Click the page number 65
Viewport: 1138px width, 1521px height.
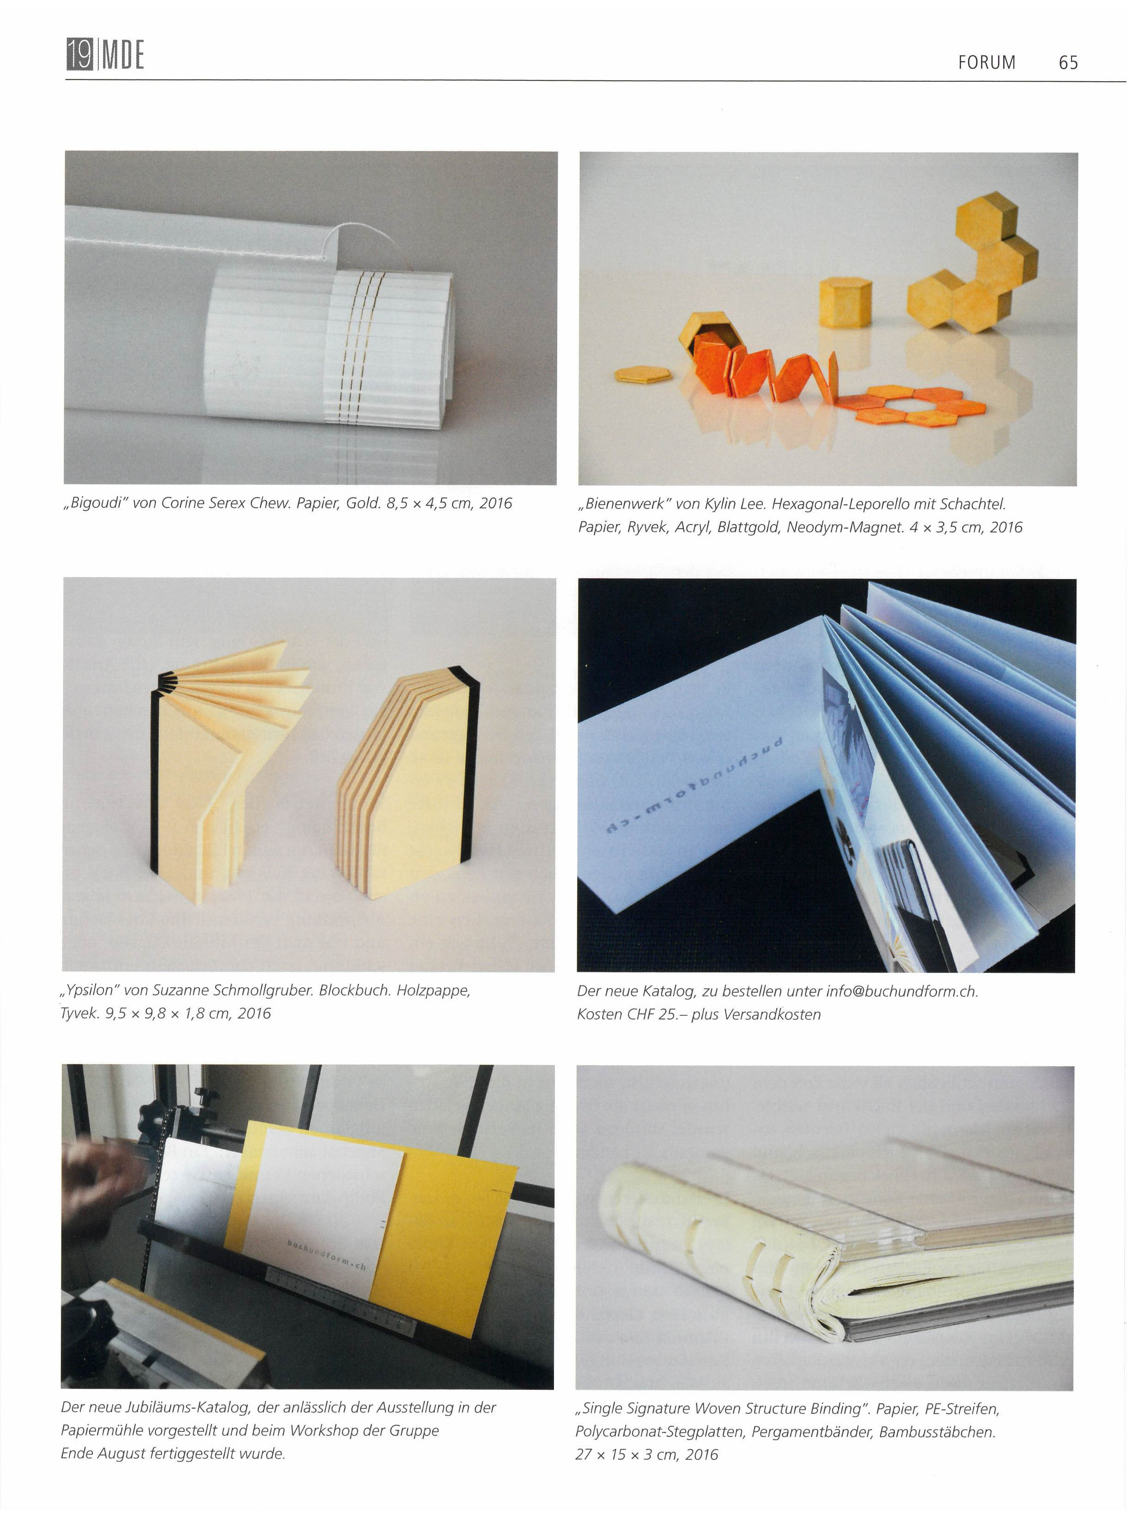(x=1068, y=63)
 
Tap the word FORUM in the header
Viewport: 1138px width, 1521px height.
(x=987, y=63)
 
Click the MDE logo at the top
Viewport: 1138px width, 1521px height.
(x=105, y=54)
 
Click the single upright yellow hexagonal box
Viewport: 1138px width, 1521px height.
(x=844, y=302)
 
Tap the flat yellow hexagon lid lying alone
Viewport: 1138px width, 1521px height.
(x=642, y=374)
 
